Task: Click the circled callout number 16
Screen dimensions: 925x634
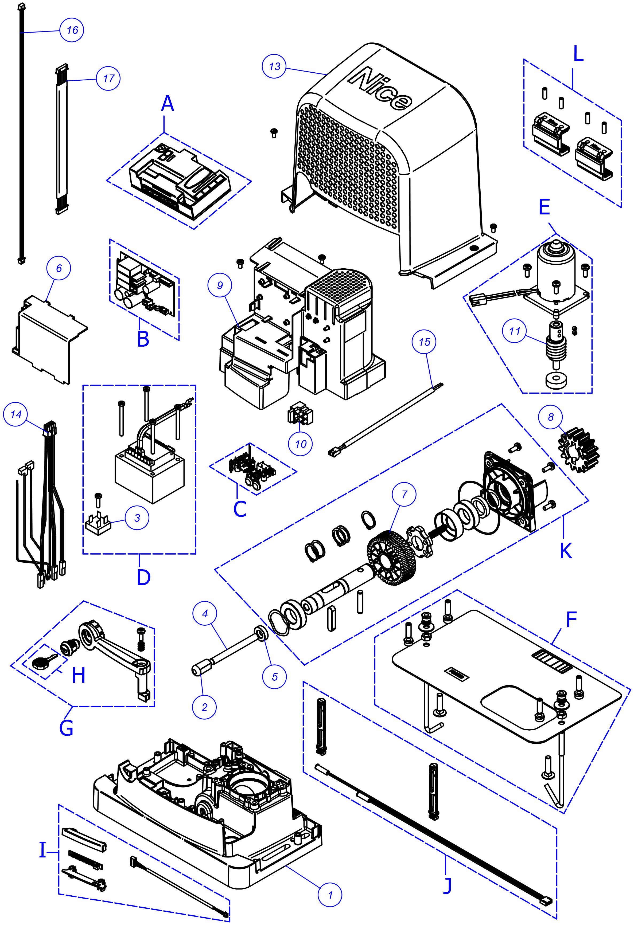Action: point(72,30)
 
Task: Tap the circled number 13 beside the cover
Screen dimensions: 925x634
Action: point(274,66)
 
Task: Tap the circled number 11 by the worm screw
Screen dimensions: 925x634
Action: point(515,331)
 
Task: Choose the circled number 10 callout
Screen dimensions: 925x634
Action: point(301,444)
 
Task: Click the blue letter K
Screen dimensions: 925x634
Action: point(566,551)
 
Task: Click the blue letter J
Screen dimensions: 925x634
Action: point(448,884)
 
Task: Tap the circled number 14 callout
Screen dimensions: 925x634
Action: point(16,414)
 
